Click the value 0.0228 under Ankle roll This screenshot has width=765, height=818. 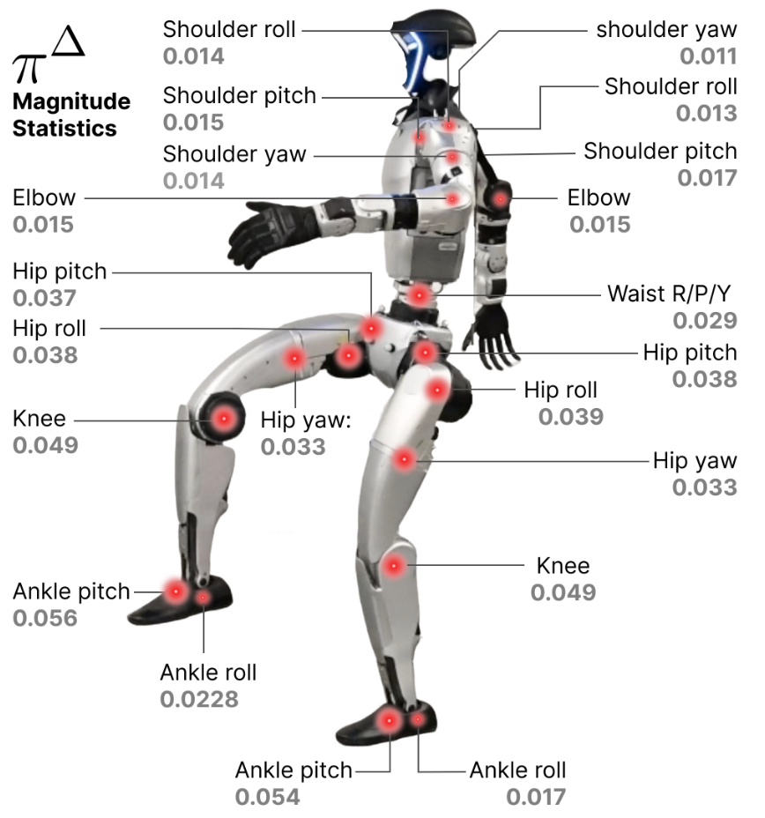[x=199, y=700]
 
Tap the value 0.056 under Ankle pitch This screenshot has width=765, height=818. [x=45, y=618]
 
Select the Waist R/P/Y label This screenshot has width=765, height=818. [x=672, y=293]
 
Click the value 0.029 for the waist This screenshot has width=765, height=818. [x=705, y=321]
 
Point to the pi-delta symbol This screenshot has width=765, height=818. [x=48, y=62]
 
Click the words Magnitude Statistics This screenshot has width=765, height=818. [x=71, y=115]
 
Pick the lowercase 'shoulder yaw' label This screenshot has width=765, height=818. [x=666, y=28]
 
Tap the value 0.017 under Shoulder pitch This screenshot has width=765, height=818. [x=706, y=177]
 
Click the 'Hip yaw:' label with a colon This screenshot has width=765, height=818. [x=306, y=419]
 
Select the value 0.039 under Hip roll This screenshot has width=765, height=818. [x=571, y=417]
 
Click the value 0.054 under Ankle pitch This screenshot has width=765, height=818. [x=268, y=797]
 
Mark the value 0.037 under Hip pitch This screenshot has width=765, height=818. [x=45, y=298]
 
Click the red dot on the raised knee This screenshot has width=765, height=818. [x=224, y=420]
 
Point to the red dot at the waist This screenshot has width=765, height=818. [x=420, y=294]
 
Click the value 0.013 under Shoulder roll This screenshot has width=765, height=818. [x=706, y=114]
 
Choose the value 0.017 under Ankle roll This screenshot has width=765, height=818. [x=535, y=797]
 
